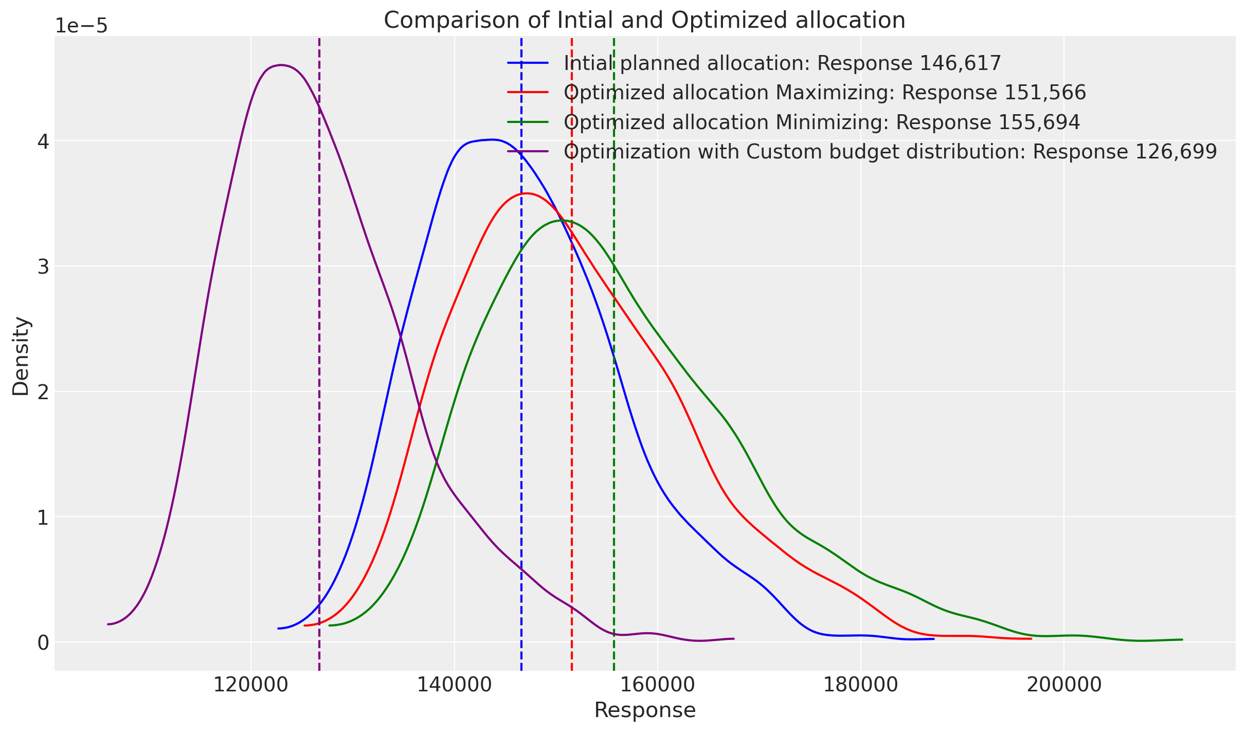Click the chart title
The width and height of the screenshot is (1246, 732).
644,21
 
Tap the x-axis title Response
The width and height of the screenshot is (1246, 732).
645,710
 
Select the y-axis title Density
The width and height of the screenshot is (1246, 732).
21,356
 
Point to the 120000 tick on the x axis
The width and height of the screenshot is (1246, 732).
251,685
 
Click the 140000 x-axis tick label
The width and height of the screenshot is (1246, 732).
454,685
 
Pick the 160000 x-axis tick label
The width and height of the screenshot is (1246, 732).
657,685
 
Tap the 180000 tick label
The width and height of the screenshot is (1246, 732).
860,685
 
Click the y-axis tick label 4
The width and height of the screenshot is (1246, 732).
43,141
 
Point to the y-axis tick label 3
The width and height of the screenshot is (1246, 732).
43,267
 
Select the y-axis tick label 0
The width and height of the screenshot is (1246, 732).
43,643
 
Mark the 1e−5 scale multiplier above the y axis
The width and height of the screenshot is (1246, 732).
81,26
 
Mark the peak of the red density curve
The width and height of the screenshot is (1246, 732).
526,193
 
